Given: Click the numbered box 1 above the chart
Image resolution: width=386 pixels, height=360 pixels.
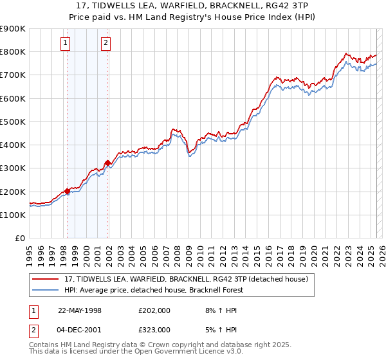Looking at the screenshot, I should tap(66, 44).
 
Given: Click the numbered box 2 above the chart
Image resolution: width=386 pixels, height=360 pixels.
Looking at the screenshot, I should tap(106, 44).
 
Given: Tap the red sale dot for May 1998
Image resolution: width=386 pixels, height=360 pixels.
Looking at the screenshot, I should tap(67, 192).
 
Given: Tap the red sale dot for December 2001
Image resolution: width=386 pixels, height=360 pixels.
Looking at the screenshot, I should tap(107, 163).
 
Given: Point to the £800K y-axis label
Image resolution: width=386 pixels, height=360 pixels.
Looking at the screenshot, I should tap(13, 51).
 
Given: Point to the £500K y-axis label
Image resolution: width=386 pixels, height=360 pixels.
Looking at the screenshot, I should tap(13, 122).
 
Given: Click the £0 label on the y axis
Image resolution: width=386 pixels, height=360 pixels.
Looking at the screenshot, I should tap(19, 239).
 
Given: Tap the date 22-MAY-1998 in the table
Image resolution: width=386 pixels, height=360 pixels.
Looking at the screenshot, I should tap(80, 310).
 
